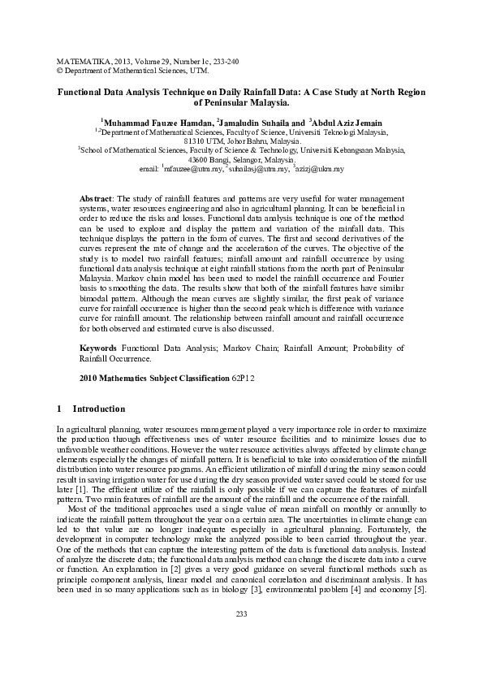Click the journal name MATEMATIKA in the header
click(x=78, y=62)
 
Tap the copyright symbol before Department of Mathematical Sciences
click(x=58, y=71)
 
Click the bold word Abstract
click(x=97, y=199)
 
